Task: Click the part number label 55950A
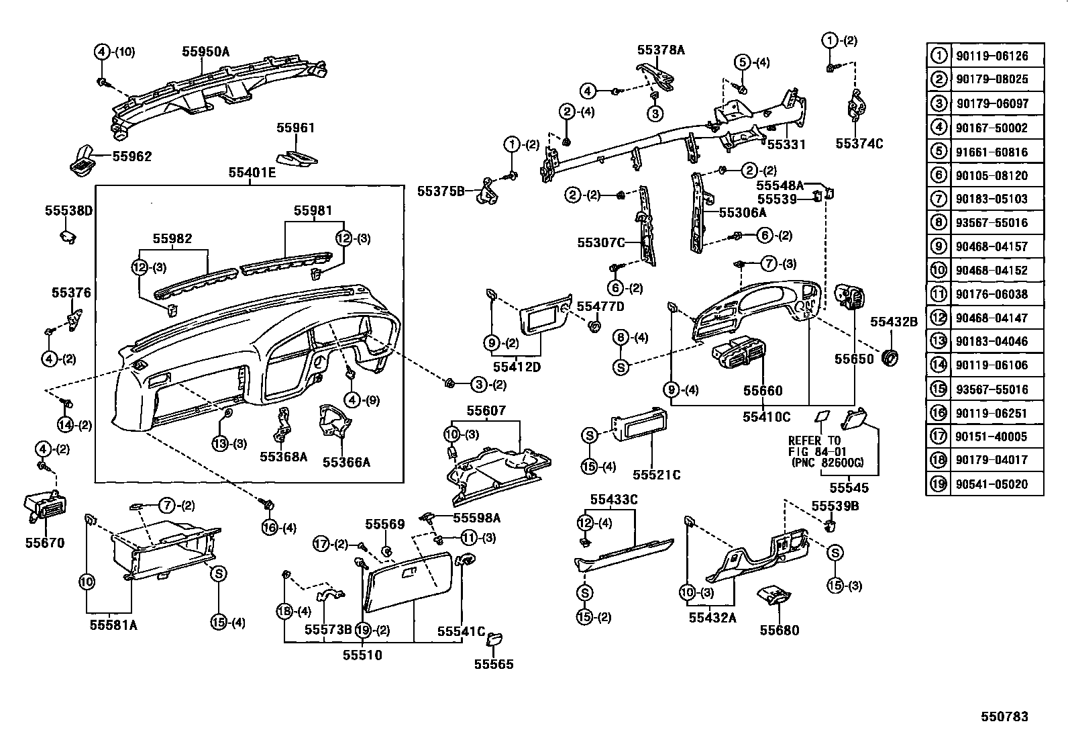(x=205, y=51)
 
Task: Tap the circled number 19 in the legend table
(x=938, y=483)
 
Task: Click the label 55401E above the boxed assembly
(x=252, y=173)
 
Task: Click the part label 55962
(x=132, y=156)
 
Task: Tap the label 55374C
(x=859, y=143)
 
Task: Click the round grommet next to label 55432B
(x=890, y=359)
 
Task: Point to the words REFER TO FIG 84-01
(x=814, y=447)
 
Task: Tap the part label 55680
(x=779, y=630)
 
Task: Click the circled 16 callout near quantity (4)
(x=269, y=527)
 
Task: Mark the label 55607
(x=486, y=410)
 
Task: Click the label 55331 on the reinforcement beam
(x=786, y=144)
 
